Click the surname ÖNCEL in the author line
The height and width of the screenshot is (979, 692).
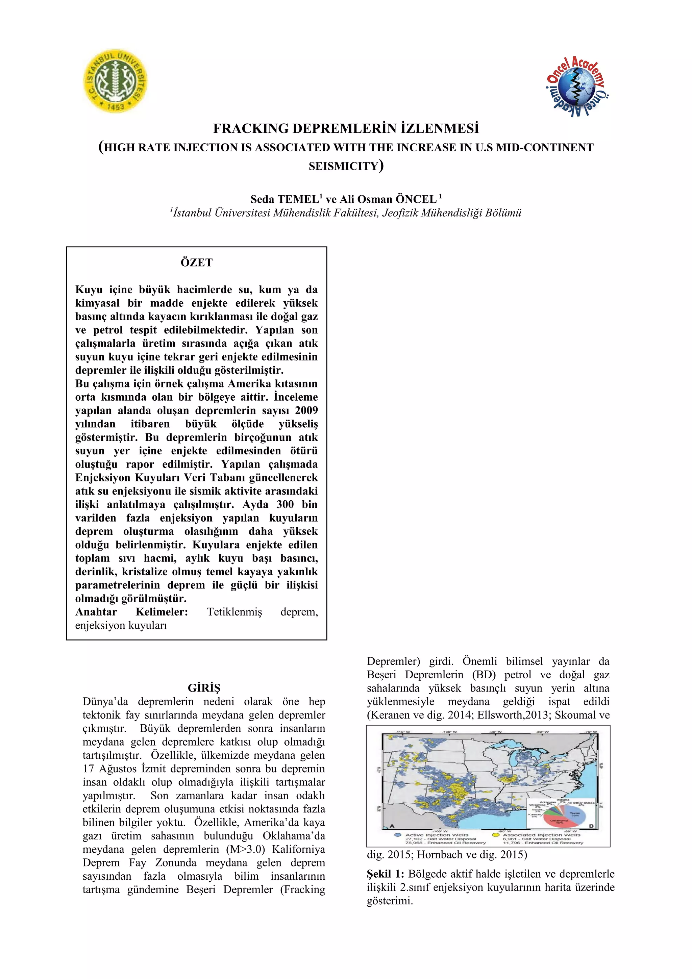click(x=416, y=199)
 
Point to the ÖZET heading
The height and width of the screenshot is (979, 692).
click(x=197, y=263)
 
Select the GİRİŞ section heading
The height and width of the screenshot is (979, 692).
click(x=204, y=688)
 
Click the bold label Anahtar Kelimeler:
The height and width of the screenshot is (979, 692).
click(x=131, y=612)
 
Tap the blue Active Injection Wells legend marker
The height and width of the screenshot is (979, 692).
click(x=398, y=835)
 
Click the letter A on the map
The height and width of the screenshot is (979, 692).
click(x=392, y=826)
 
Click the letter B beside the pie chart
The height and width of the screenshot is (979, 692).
click(x=591, y=826)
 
